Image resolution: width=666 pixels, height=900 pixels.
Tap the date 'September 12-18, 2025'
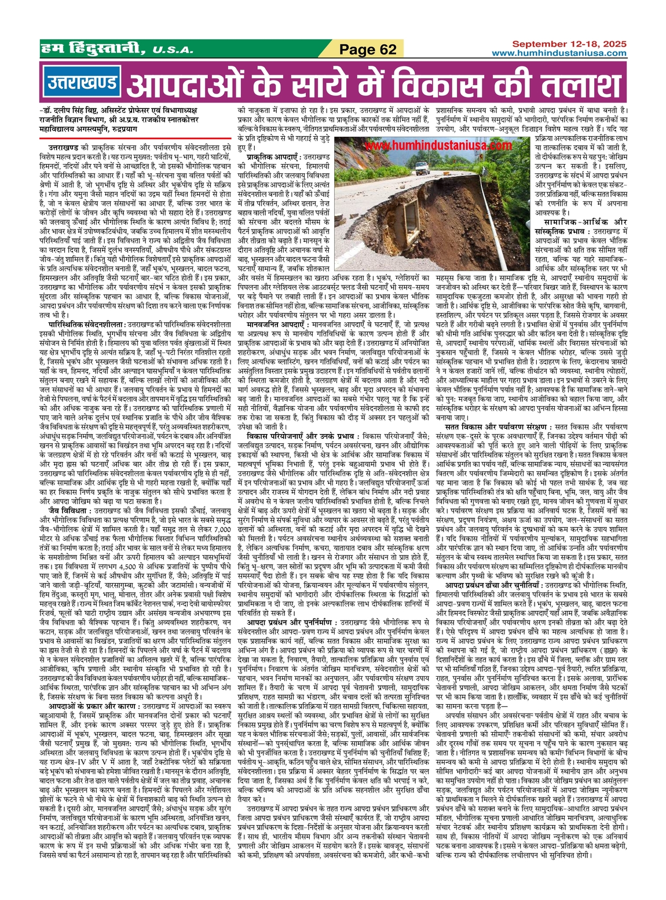pos(569,44)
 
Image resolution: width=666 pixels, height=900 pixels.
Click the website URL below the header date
pos(559,53)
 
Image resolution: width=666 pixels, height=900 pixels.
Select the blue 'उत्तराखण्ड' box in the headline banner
pos(81,83)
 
